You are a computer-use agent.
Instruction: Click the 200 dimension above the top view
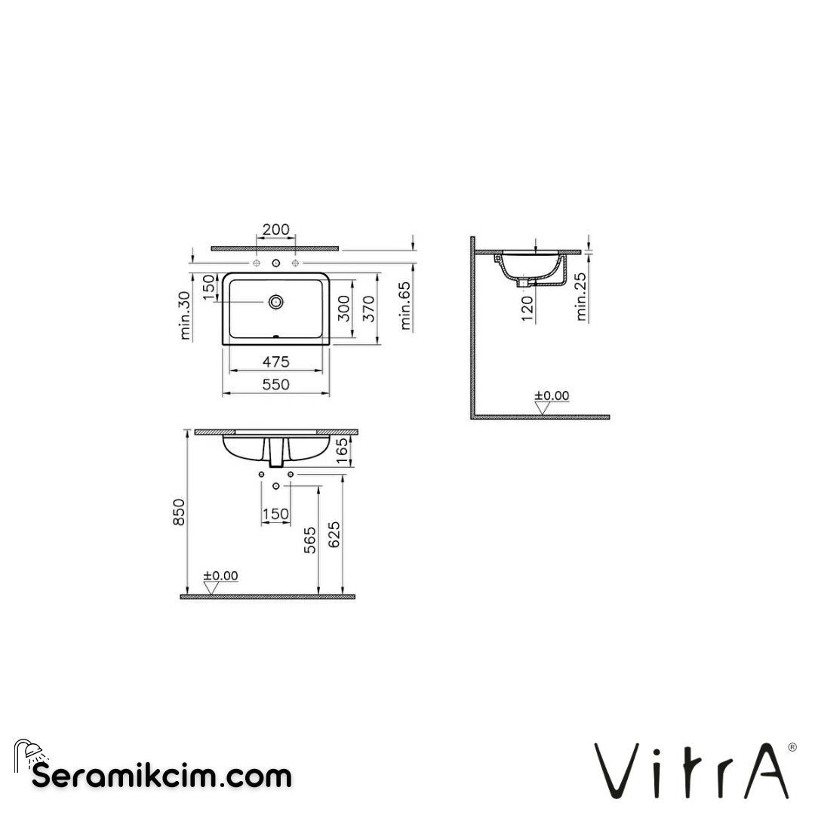tap(275, 229)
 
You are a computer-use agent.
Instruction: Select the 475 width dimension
tap(275, 362)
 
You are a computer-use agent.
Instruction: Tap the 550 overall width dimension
tap(275, 384)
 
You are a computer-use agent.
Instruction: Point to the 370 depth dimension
tap(369, 309)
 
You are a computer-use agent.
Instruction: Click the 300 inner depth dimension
tap(344, 309)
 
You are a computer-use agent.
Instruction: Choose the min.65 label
tap(405, 306)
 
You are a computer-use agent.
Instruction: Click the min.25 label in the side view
tap(581, 297)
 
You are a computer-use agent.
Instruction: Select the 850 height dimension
tap(178, 512)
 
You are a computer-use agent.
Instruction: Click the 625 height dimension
tap(334, 534)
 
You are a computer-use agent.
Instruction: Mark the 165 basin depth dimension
tap(342, 451)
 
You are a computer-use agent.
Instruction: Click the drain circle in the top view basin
tap(276, 302)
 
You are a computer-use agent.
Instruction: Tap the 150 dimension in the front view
tap(275, 514)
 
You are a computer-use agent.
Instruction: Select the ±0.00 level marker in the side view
tap(552, 396)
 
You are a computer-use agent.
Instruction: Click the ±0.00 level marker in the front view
tap(220, 577)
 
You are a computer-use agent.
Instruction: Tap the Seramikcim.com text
tap(161, 776)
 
